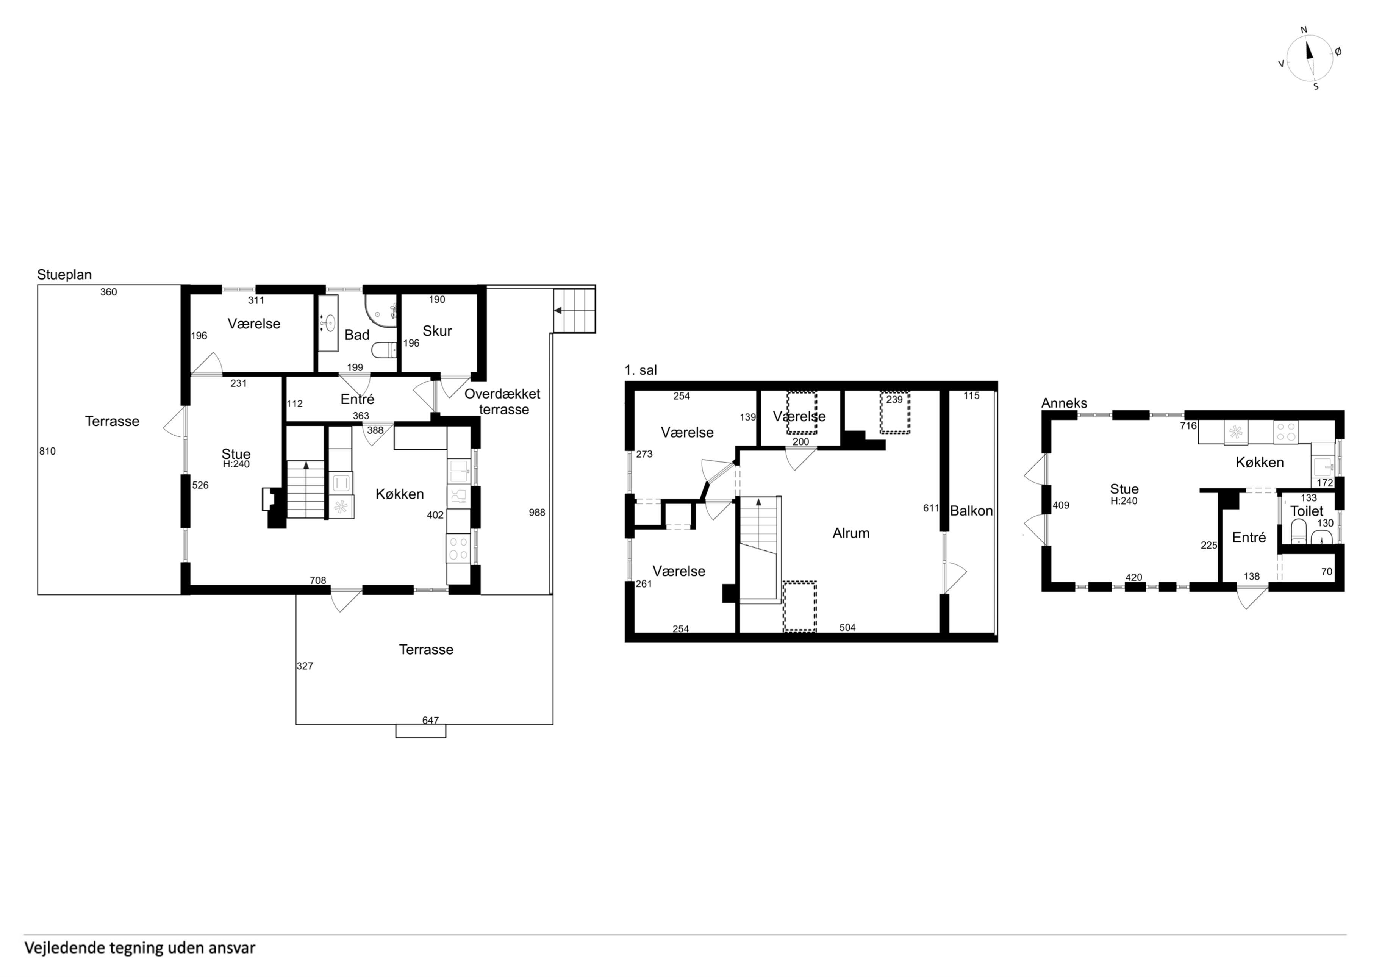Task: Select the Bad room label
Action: click(357, 335)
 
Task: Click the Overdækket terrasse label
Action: click(503, 402)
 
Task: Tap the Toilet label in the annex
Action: click(1307, 511)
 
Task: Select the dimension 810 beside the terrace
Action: click(48, 452)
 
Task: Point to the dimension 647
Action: click(430, 720)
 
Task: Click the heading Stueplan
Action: click(64, 275)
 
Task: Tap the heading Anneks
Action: click(1064, 403)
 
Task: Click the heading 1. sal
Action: click(641, 370)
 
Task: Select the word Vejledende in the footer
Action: click(64, 948)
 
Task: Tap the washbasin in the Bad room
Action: click(328, 323)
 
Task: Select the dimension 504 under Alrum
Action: click(847, 627)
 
